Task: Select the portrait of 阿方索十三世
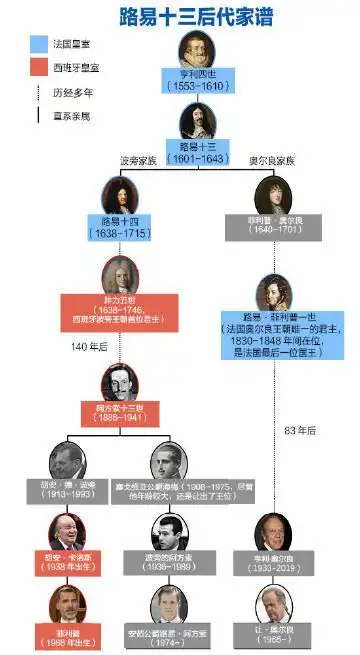click(x=122, y=381)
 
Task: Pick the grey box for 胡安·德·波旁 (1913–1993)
click(x=69, y=491)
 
